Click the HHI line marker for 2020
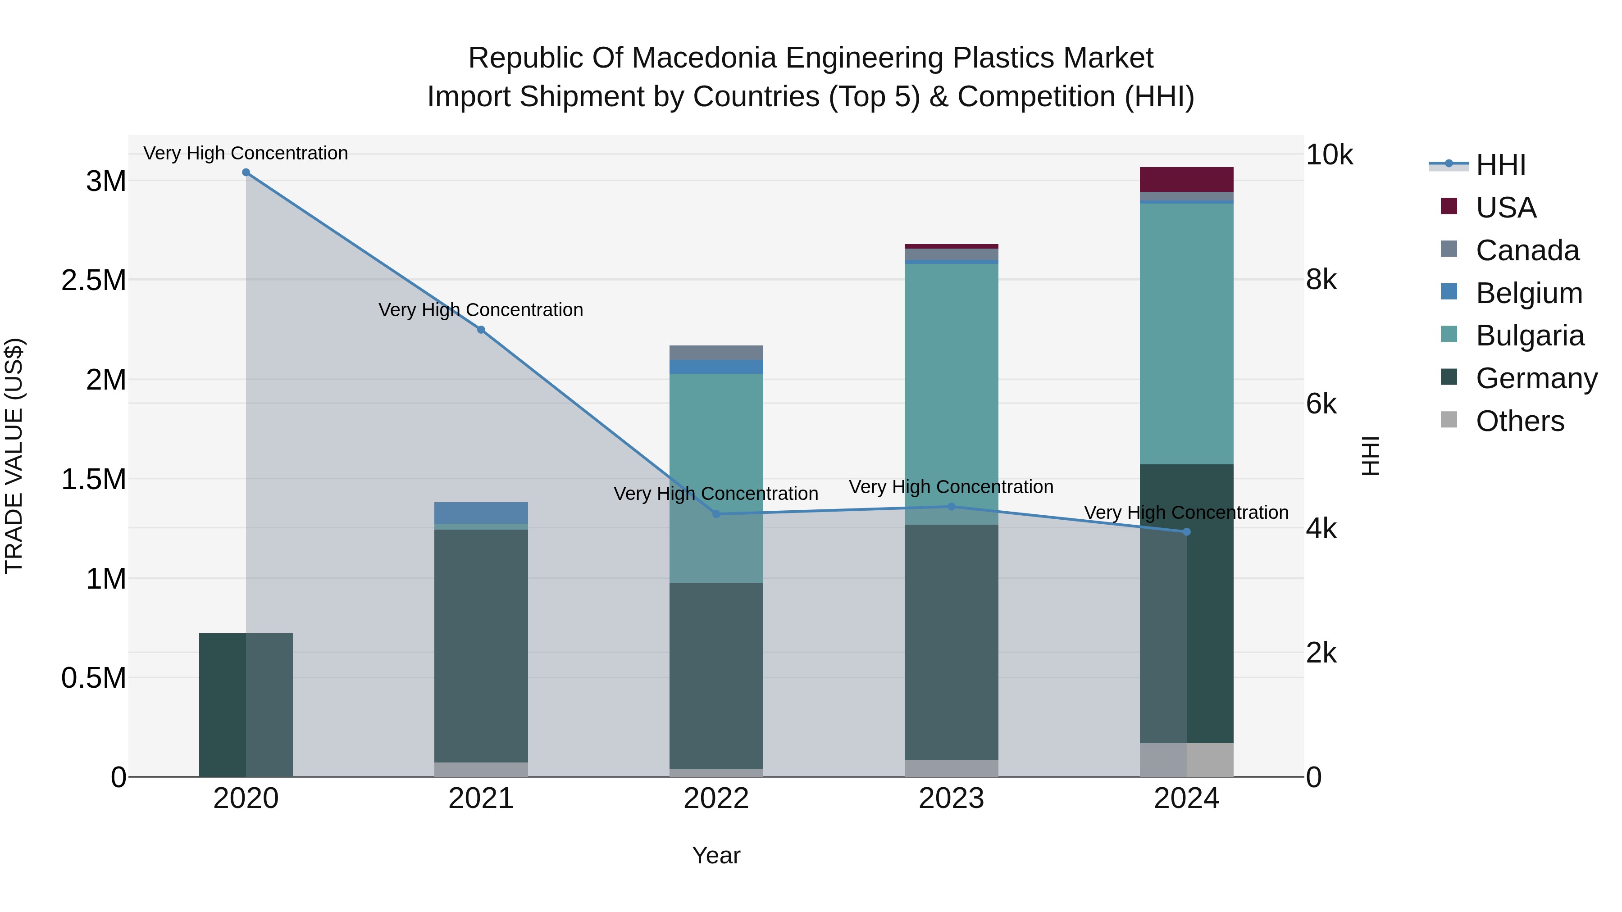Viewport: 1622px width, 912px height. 246,172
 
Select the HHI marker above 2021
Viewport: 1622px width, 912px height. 481,330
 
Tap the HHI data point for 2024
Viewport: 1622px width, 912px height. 1187,532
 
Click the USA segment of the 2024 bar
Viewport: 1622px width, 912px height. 1186,179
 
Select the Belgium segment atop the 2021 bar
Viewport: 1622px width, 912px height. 481,513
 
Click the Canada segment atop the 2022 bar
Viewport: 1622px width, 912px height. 716,353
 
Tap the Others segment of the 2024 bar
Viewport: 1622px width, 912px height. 1186,760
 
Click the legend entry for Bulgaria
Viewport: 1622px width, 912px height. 1530,336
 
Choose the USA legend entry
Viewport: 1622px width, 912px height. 1505,208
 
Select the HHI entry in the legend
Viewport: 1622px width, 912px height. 1500,165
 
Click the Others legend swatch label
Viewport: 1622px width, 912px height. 1519,421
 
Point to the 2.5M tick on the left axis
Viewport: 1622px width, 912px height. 93,280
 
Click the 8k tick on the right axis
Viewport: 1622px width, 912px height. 1321,279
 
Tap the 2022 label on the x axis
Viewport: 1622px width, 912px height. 716,798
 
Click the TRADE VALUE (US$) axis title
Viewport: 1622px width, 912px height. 14,456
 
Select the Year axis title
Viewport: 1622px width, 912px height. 716,855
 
